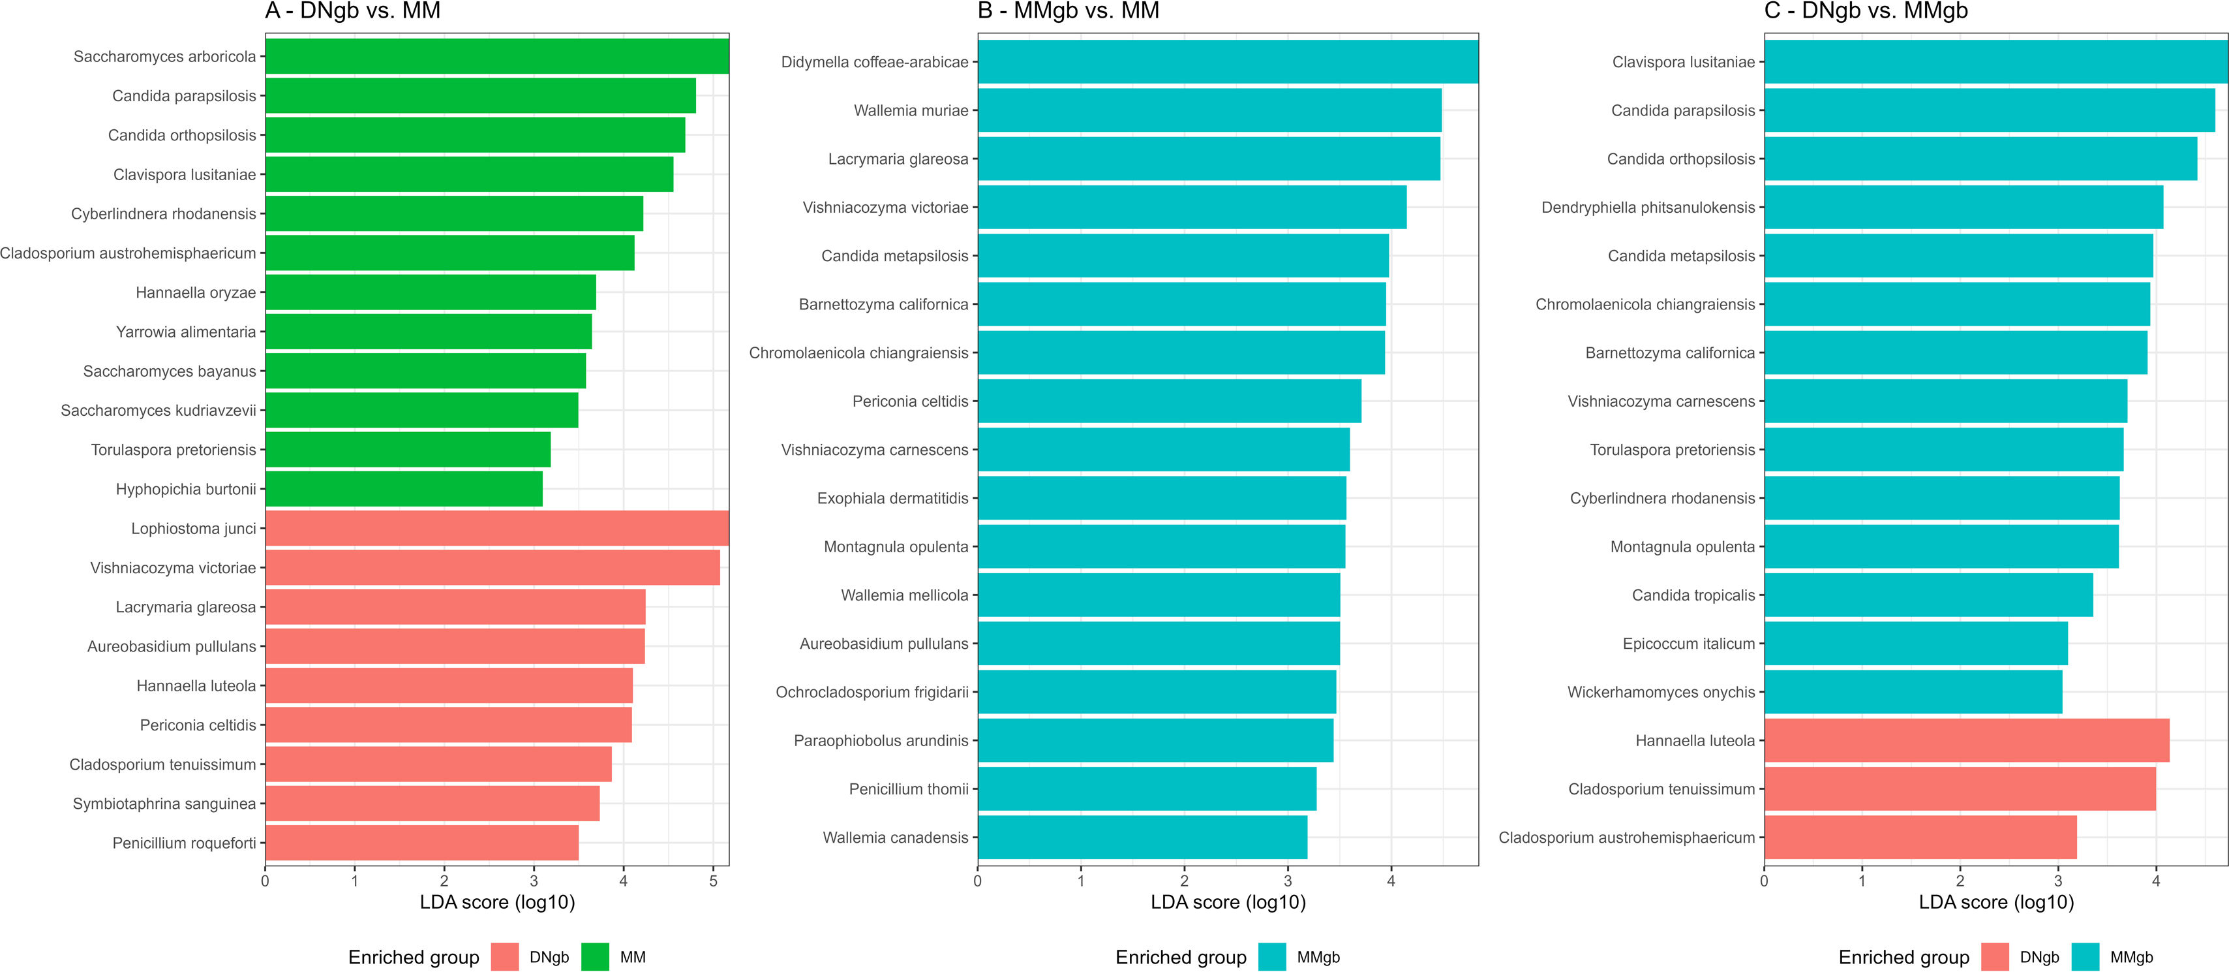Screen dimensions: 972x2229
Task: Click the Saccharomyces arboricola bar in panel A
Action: point(496,56)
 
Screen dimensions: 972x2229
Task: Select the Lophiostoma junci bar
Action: point(496,528)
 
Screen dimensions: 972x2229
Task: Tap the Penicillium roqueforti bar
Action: point(421,842)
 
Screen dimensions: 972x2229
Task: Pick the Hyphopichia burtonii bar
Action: point(403,489)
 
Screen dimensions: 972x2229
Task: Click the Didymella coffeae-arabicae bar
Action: point(1228,61)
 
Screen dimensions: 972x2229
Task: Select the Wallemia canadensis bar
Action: point(1142,837)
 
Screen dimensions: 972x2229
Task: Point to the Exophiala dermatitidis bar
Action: point(1161,497)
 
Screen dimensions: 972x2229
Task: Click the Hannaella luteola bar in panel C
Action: point(1966,740)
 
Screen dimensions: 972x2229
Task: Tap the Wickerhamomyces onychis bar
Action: point(1913,691)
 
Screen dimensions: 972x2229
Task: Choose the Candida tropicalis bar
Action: point(1928,595)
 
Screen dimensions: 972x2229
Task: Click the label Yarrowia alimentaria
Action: point(186,332)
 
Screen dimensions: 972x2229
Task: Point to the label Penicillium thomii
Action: point(909,789)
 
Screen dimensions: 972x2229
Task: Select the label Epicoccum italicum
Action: point(1688,643)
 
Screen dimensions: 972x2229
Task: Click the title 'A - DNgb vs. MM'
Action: point(353,11)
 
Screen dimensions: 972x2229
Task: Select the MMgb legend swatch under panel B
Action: point(1272,956)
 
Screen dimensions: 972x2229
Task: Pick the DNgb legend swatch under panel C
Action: point(1995,956)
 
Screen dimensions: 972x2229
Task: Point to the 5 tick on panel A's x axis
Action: point(713,882)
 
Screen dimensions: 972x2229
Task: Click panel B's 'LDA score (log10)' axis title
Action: point(1228,902)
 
